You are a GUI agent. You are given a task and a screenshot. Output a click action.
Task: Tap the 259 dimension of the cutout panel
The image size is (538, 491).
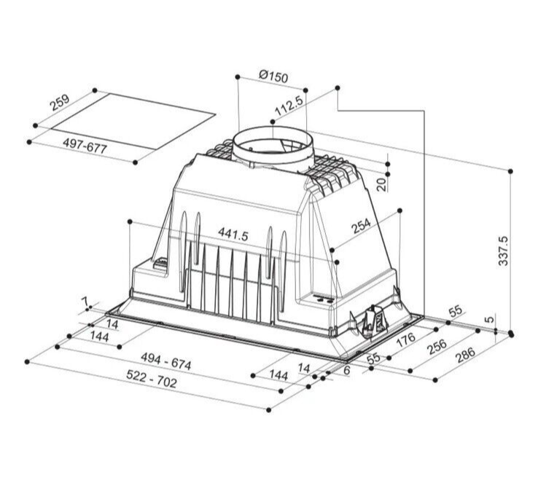(60, 103)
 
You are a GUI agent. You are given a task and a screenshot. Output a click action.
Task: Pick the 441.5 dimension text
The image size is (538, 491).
(233, 235)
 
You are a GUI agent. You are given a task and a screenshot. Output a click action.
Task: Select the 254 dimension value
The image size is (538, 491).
(361, 227)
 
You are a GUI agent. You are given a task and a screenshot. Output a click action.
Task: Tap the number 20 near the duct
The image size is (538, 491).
(381, 184)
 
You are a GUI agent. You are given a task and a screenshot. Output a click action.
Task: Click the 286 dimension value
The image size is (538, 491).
(464, 355)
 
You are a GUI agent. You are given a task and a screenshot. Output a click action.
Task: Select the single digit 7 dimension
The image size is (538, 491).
(85, 301)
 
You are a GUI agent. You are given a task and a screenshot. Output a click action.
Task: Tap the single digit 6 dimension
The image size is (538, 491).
(347, 371)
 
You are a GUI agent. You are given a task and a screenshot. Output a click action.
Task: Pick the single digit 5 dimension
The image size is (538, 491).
(490, 319)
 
